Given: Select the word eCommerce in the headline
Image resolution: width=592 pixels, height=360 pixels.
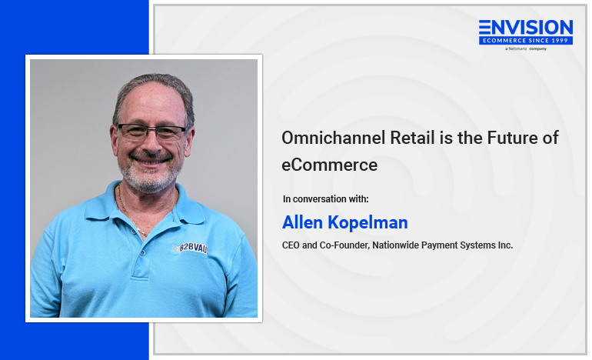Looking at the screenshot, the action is pos(330,165).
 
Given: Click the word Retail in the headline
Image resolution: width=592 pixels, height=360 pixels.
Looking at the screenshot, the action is pos(412,138).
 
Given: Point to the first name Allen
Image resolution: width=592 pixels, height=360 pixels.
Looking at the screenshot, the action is pos(302,222).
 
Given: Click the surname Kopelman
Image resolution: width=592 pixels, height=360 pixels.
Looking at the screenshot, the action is pos(368,223).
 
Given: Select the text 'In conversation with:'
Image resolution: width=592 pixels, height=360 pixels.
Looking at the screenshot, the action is pos(326,199).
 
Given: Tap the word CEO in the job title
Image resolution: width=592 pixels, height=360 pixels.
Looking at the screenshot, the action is pos(291,245).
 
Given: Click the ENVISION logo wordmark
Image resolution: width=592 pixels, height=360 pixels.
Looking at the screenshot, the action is pos(526,28).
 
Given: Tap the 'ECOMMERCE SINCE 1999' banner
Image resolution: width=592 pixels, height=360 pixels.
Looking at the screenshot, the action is pos(526,41).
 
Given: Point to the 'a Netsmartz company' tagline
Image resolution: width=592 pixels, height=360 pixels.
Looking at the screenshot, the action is pos(526,48).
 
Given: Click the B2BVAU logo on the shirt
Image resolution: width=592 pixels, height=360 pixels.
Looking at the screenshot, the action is pos(189,248).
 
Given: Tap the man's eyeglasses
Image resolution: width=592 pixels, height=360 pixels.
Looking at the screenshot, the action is pos(151,131).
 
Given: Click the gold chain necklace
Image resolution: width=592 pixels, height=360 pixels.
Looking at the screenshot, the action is pos(131,212).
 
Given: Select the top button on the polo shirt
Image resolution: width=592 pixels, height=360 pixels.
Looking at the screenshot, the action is pos(143,252).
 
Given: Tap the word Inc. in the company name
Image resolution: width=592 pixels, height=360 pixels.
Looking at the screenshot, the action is pos(505,245).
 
